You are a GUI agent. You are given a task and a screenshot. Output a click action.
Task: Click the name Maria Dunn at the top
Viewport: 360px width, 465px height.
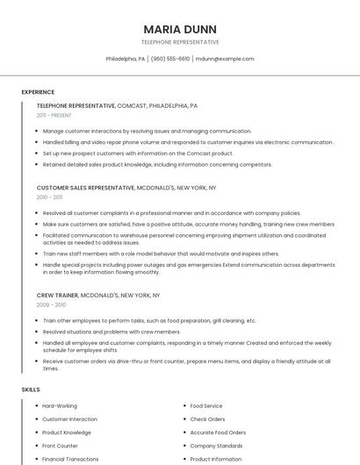pyautogui.click(x=180, y=28)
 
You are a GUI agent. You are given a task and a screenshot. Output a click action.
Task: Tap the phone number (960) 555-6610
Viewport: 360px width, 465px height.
pyautogui.click(x=170, y=59)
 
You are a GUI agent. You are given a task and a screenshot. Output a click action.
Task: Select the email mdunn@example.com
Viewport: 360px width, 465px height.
pyautogui.click(x=225, y=59)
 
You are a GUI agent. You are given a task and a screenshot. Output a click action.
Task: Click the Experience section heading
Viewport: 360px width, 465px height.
pyautogui.click(x=38, y=92)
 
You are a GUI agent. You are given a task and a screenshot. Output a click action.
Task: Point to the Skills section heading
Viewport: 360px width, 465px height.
pyautogui.click(x=31, y=389)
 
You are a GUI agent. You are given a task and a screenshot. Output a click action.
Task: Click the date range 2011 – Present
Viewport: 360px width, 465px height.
pyautogui.click(x=54, y=115)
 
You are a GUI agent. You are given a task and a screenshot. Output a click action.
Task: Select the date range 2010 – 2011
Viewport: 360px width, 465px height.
pyautogui.click(x=49, y=197)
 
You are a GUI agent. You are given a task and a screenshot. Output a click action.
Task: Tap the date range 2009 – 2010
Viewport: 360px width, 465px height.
pyautogui.click(x=51, y=304)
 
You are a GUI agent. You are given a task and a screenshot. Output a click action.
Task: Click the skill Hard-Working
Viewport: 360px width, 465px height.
pyautogui.click(x=60, y=406)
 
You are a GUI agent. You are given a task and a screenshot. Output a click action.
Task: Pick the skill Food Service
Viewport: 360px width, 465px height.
pyautogui.click(x=206, y=406)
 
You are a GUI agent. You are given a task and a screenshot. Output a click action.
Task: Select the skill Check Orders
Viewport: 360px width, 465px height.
pyautogui.click(x=208, y=419)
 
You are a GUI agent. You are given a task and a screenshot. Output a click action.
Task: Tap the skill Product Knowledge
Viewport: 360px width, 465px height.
pyautogui.click(x=67, y=433)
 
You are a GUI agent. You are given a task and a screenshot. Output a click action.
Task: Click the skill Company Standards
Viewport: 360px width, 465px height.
pyautogui.click(x=216, y=446)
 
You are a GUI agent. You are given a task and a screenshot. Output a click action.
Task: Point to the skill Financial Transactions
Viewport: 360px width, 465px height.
pyautogui.click(x=70, y=459)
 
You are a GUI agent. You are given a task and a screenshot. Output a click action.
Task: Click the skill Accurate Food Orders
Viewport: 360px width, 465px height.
pyautogui.click(x=218, y=433)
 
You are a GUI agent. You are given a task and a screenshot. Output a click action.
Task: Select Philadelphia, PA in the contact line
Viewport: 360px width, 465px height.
pyautogui.click(x=126, y=59)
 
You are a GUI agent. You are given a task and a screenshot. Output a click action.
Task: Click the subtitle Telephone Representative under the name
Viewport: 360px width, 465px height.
pyautogui.click(x=180, y=42)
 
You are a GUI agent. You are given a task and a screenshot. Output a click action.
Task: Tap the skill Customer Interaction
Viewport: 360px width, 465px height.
pyautogui.click(x=69, y=419)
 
